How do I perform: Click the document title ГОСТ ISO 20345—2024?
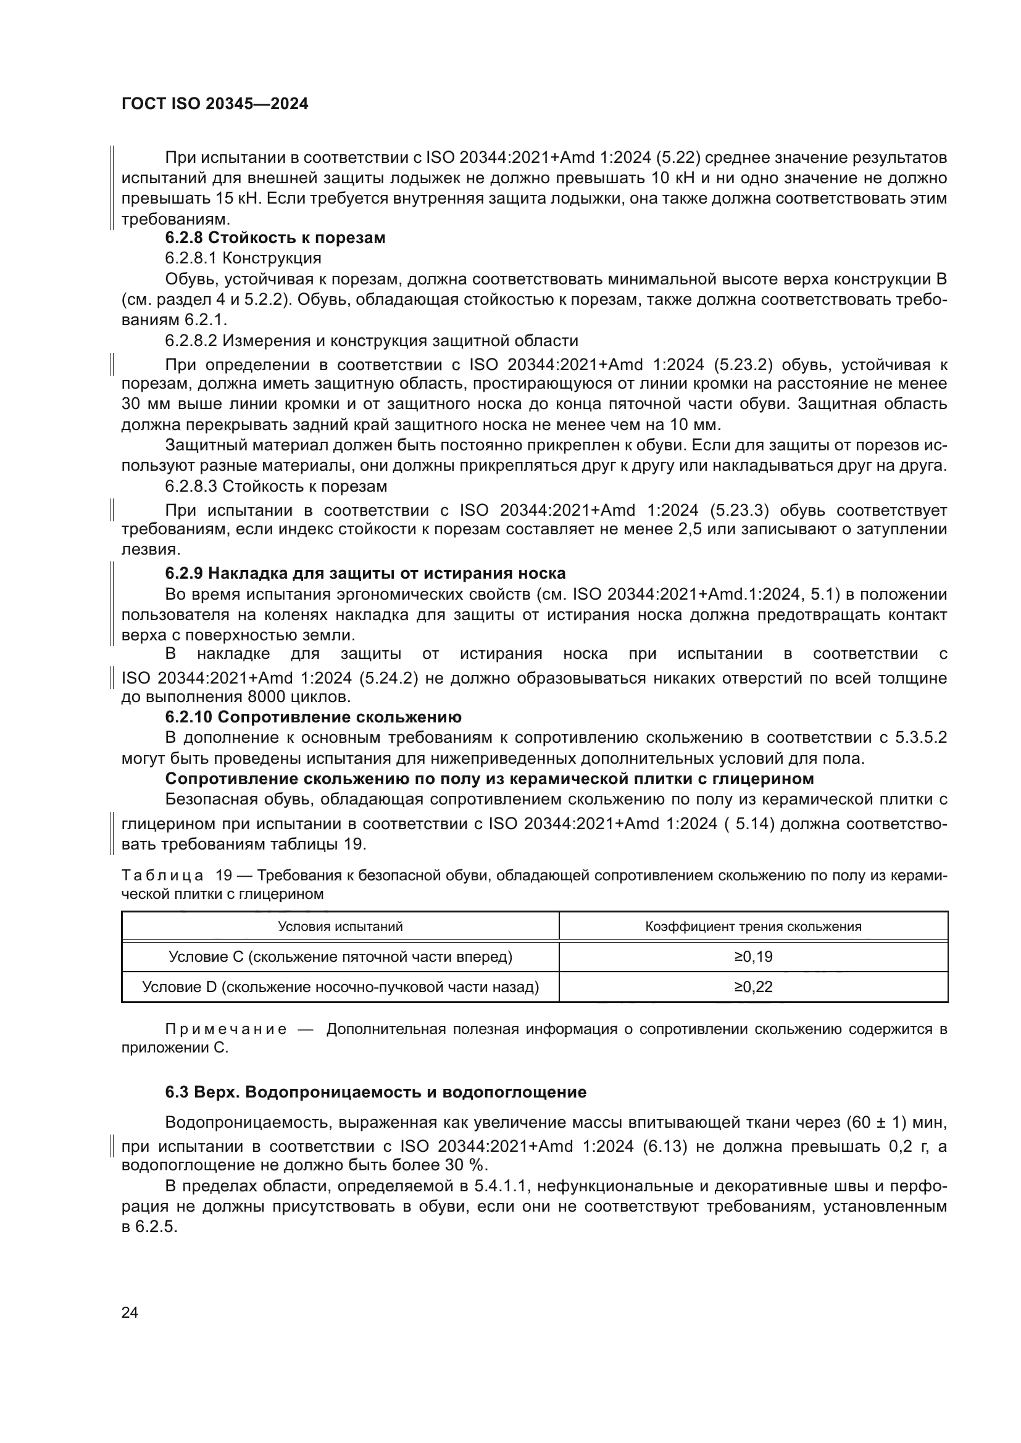[x=214, y=104]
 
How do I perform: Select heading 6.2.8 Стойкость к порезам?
[x=275, y=238]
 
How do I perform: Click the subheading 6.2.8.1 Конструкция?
[x=243, y=258]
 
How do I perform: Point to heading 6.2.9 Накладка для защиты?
[x=365, y=573]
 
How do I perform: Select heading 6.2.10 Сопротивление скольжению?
[x=313, y=717]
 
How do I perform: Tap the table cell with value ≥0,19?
[x=752, y=957]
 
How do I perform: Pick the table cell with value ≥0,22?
[x=752, y=986]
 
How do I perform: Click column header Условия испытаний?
[x=340, y=927]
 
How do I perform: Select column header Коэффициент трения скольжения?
[x=752, y=927]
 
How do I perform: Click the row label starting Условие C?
[x=340, y=957]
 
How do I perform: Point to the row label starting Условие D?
[x=340, y=986]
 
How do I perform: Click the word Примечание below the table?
[x=226, y=1030]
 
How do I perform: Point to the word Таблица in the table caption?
[x=162, y=876]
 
